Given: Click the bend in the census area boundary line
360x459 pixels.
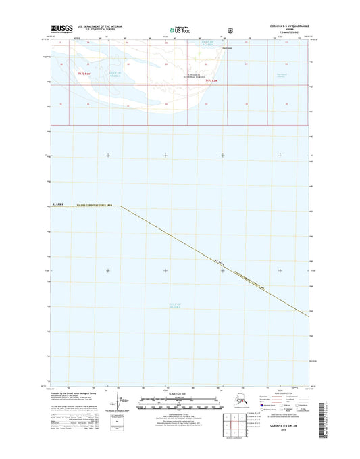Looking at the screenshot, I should tap(121, 206).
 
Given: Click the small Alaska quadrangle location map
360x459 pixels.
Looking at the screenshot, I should tap(236, 403).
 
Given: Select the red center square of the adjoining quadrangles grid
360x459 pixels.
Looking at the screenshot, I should tap(236, 426).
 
